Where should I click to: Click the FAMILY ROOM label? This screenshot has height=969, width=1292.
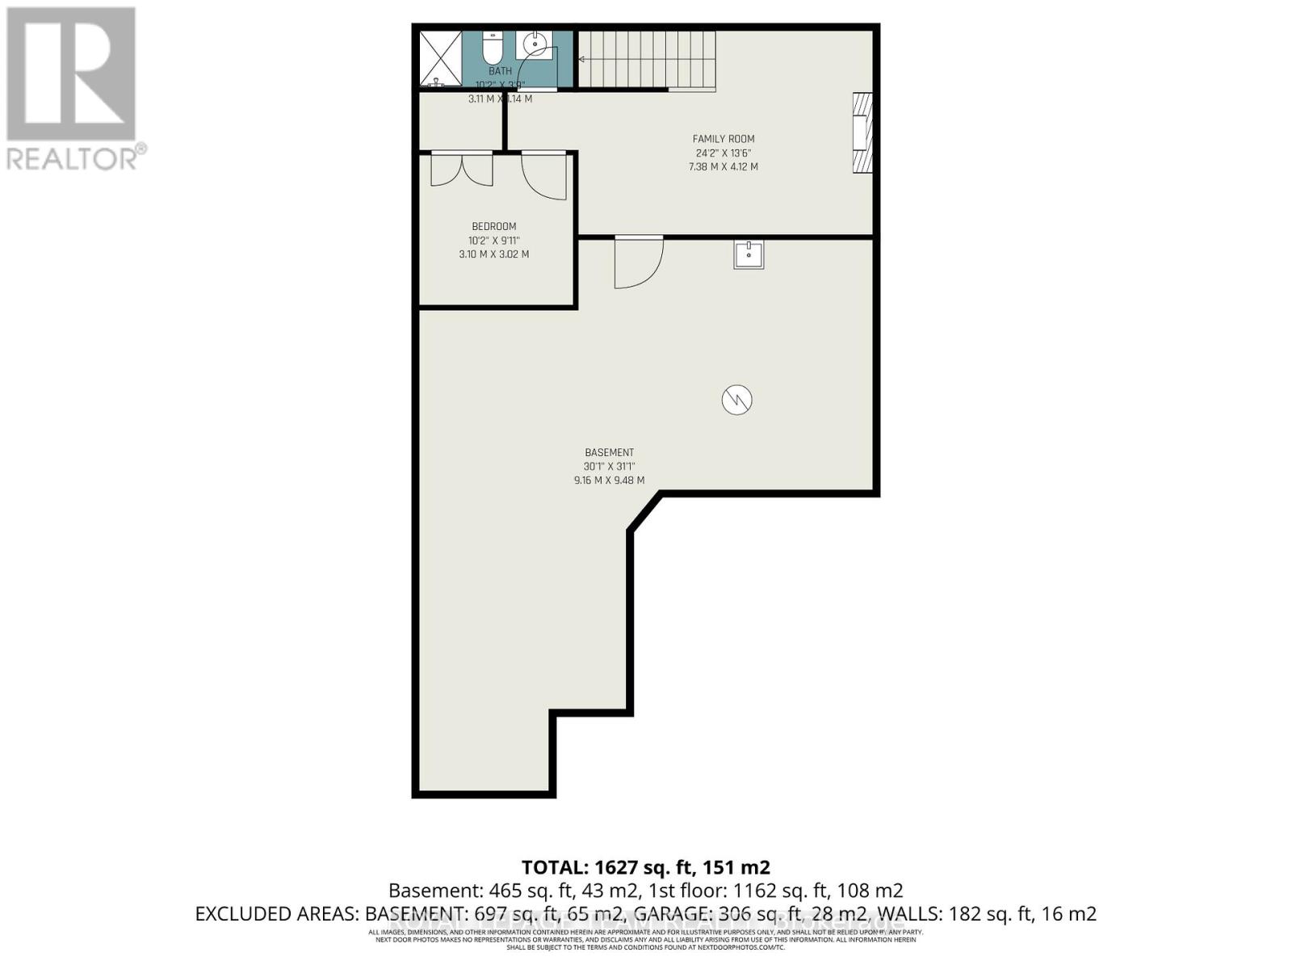pos(724,139)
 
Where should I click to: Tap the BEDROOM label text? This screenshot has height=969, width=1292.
pos(493,227)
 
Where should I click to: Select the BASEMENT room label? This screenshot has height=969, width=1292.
pos(609,453)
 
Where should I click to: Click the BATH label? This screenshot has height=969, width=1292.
pos(500,71)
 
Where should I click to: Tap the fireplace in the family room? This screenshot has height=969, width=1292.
pos(862,132)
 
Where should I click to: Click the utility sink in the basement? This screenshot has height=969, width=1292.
pos(749,254)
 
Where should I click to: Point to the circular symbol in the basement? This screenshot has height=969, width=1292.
pos(736,400)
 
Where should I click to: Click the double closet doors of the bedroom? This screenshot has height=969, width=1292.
pos(461,170)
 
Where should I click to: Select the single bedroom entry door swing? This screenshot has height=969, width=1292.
pos(544,175)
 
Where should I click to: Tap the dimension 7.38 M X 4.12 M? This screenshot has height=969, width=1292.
pos(723,167)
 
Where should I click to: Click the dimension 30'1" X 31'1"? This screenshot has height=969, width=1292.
pos(609,467)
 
